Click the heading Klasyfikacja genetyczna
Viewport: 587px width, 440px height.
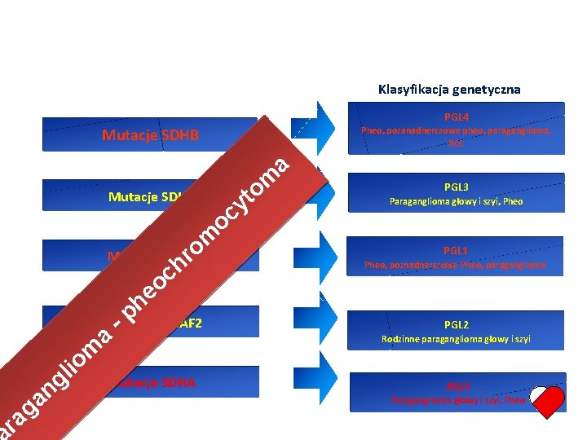449,89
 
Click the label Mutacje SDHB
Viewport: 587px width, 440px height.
151,135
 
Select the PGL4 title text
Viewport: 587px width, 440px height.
456,117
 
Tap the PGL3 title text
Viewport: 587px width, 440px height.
456,187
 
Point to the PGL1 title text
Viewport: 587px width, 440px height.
456,250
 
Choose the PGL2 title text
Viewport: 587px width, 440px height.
456,324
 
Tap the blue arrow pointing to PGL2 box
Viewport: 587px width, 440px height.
323,320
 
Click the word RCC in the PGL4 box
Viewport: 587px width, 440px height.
456,143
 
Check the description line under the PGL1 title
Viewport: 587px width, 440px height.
455,265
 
